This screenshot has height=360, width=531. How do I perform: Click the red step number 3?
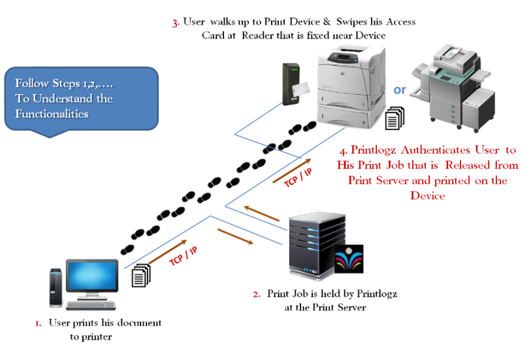click(175, 24)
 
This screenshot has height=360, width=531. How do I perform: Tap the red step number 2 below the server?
click(257, 294)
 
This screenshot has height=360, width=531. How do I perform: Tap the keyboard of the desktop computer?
click(92, 305)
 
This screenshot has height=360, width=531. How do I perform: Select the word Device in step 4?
click(428, 195)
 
